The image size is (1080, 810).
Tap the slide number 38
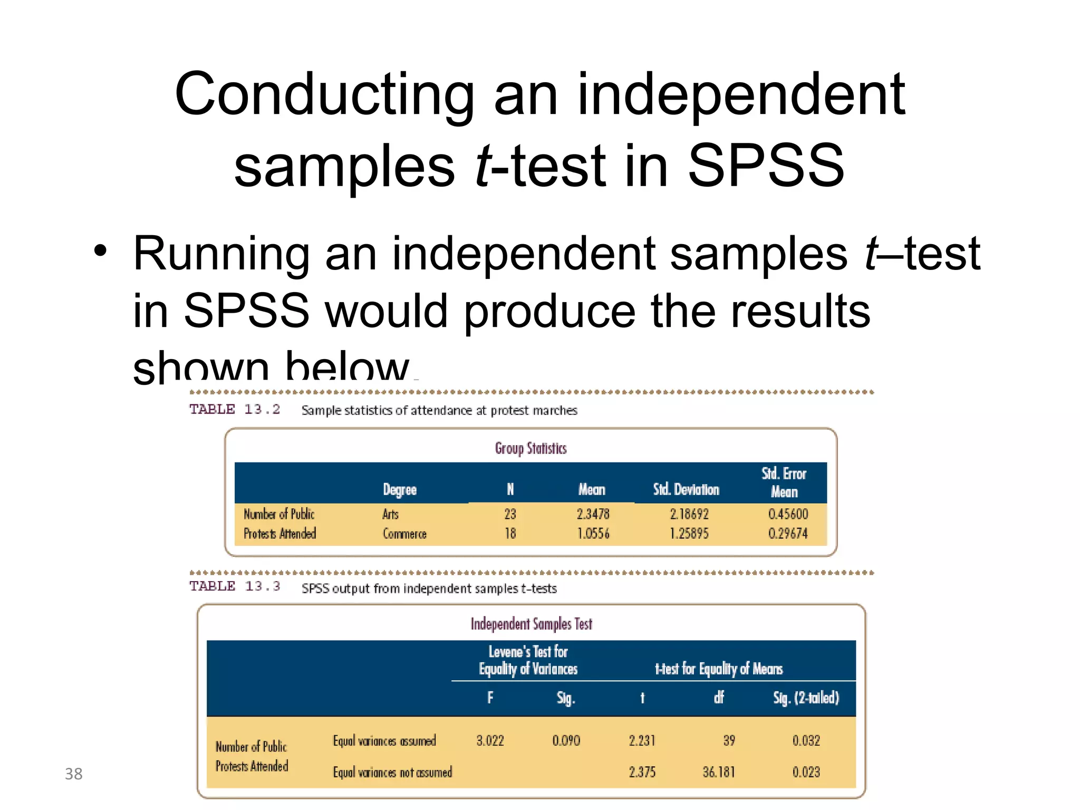[x=74, y=774]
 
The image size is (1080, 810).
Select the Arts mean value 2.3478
[x=593, y=514]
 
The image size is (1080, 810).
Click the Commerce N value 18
[x=510, y=534]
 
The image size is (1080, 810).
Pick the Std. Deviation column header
[x=686, y=490]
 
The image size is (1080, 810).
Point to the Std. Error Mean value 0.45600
[x=788, y=514]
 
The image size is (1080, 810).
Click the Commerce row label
[x=404, y=534]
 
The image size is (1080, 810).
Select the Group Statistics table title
[x=531, y=448]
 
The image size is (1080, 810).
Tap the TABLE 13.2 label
[x=235, y=409]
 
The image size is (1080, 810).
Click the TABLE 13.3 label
[x=235, y=586]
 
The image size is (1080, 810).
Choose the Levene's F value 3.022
[x=490, y=740]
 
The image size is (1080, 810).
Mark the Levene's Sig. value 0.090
[x=566, y=740]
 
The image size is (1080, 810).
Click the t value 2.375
[x=642, y=772]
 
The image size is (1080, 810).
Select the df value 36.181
[x=718, y=772]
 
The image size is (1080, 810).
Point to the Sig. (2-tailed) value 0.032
[x=806, y=740]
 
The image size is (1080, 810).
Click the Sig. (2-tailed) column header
[x=806, y=698]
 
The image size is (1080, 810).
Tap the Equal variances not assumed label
[x=392, y=773]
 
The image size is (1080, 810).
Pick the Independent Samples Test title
[x=531, y=624]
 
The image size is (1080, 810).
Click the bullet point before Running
[x=100, y=251]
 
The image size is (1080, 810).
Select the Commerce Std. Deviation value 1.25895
[x=689, y=534]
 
